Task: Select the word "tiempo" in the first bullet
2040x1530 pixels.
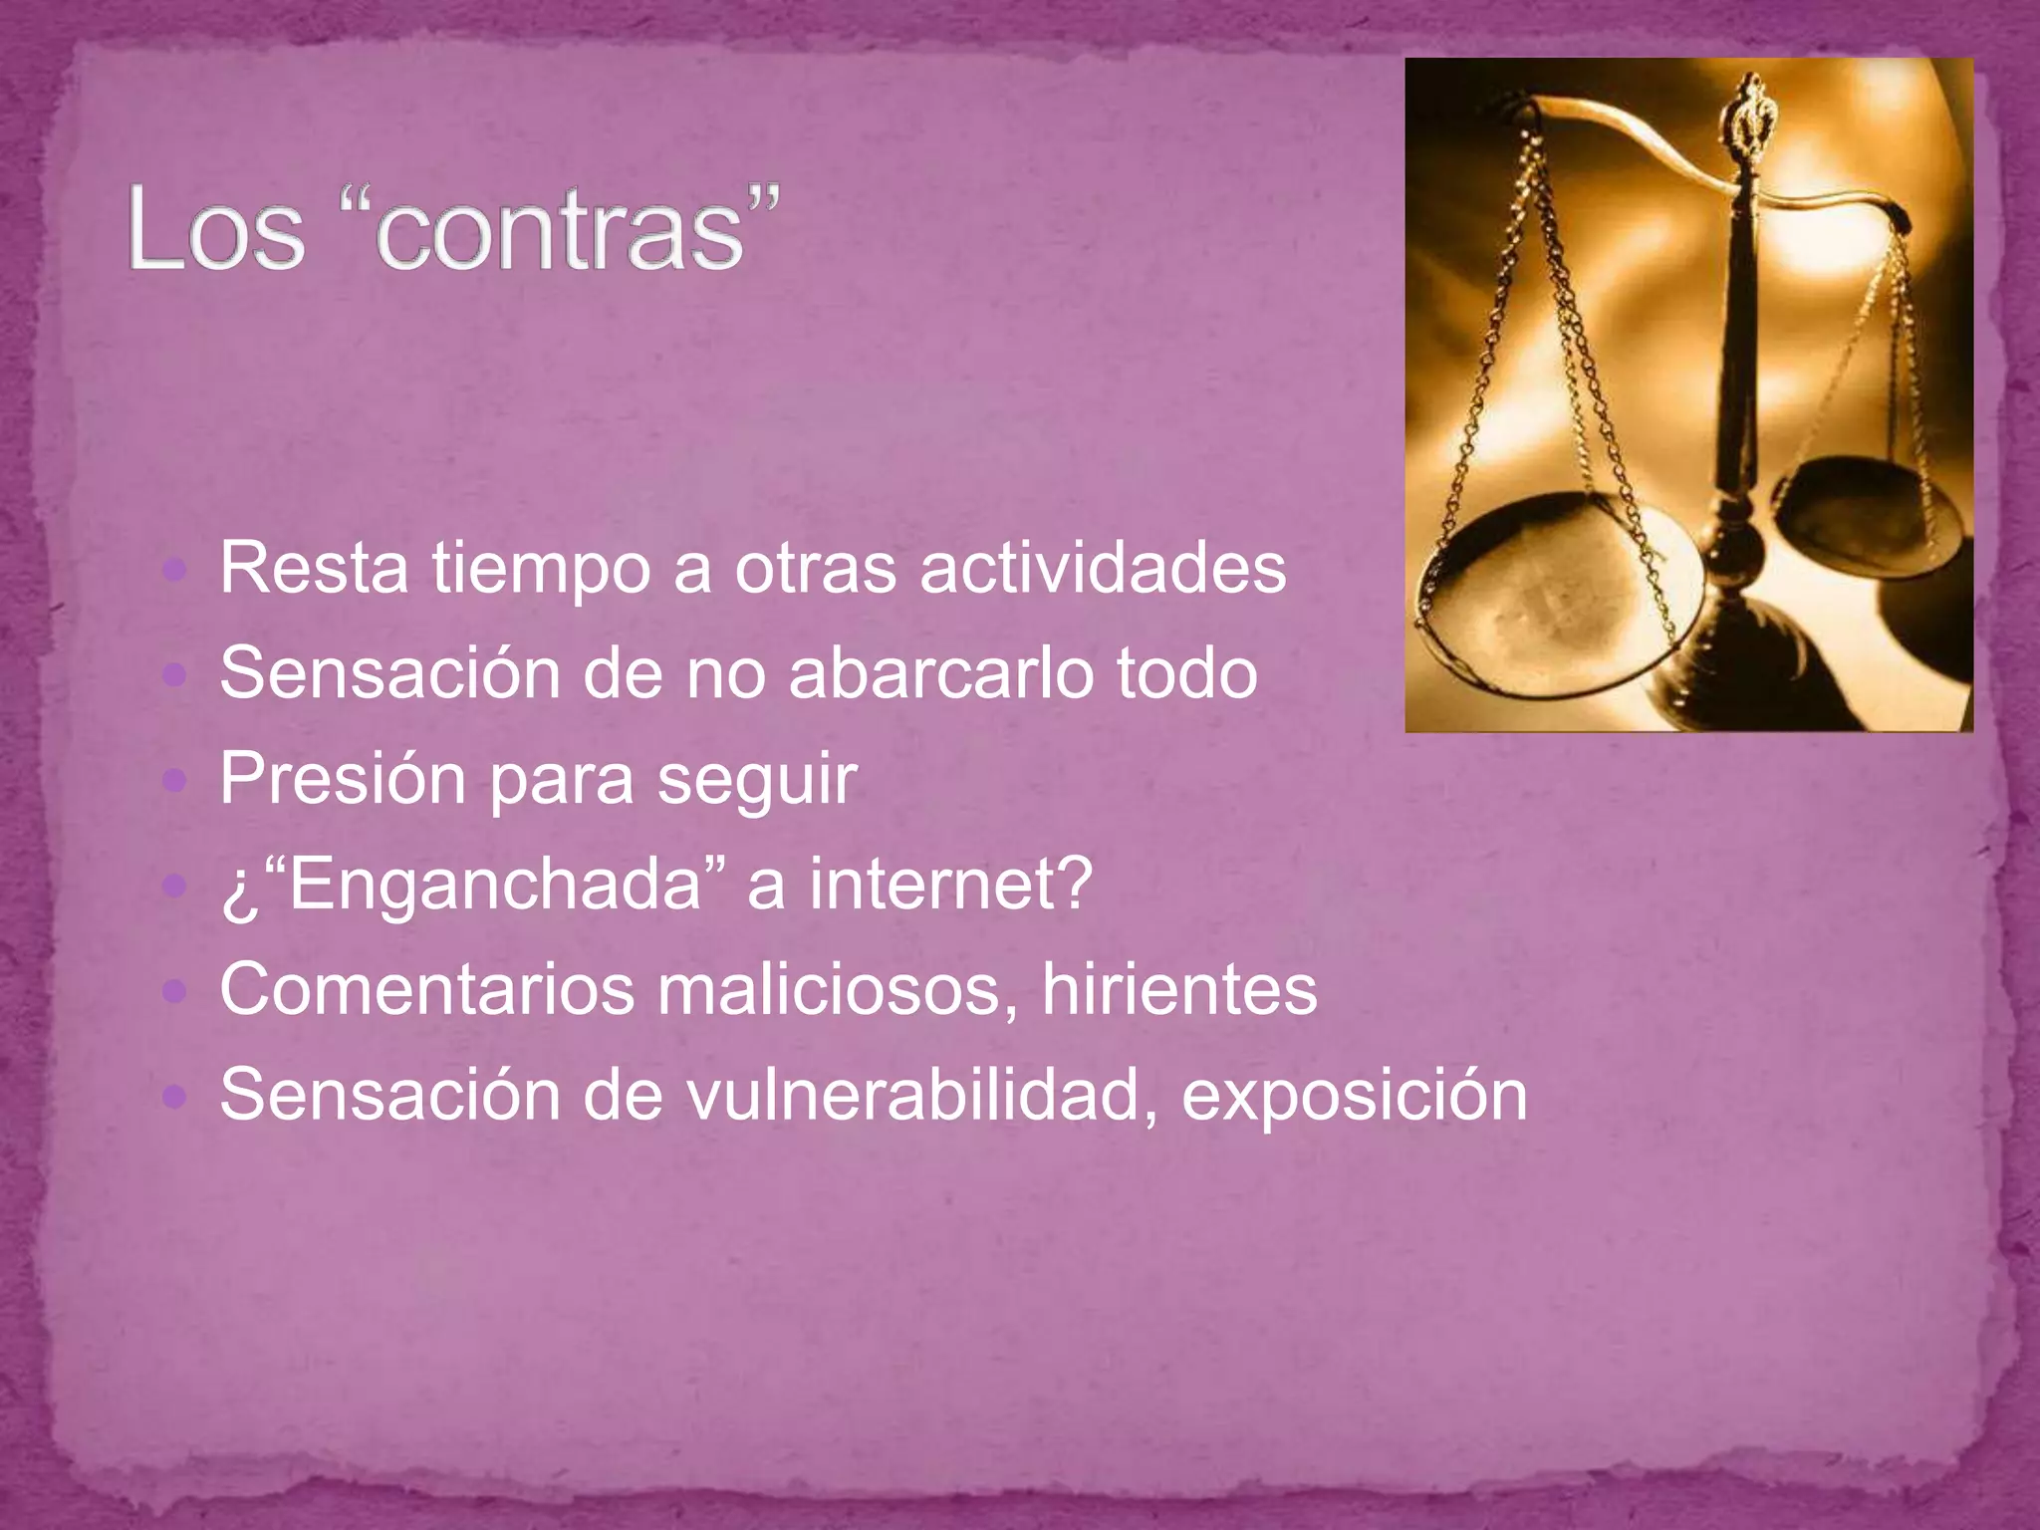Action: click(541, 569)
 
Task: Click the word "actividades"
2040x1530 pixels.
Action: click(1103, 569)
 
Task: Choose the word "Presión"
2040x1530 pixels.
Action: click(343, 779)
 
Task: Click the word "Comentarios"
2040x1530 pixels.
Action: click(427, 990)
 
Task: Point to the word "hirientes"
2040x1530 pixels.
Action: click(1179, 990)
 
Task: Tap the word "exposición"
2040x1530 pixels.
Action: click(1355, 1096)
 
